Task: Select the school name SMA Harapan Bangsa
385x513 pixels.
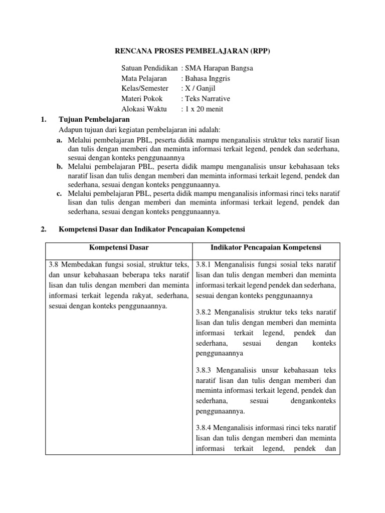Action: point(219,68)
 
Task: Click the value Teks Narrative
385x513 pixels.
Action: point(208,99)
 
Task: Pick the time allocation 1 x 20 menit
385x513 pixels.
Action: point(205,109)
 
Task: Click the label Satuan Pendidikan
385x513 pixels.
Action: point(149,68)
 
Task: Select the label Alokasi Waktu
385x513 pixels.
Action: point(143,109)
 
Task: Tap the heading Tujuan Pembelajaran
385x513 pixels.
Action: point(94,119)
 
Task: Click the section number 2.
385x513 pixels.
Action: point(43,229)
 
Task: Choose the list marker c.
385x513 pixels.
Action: point(59,193)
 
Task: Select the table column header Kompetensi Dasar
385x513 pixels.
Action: point(119,247)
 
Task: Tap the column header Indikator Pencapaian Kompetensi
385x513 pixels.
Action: point(266,247)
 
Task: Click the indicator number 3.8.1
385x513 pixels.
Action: point(205,265)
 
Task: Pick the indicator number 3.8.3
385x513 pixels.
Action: point(205,370)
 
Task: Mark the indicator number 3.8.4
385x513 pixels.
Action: point(205,428)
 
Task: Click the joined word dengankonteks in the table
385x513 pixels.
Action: point(313,401)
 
